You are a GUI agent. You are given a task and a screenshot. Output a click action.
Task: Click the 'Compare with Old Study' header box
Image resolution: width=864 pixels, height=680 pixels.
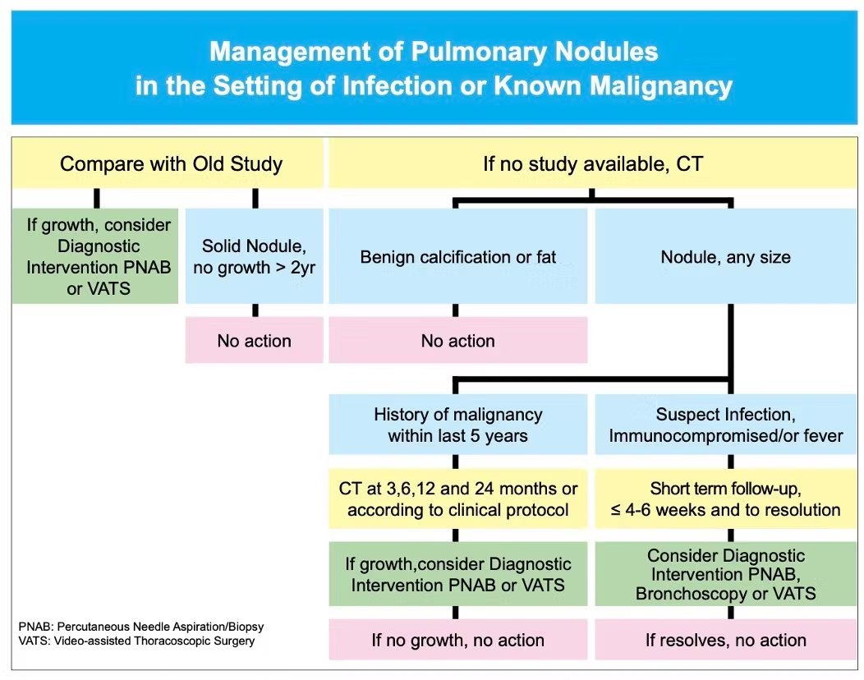[168, 163]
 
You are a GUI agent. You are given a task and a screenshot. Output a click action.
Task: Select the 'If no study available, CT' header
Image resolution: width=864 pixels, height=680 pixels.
[593, 163]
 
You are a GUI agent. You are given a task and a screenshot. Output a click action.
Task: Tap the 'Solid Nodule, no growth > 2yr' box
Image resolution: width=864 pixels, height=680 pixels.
[254, 256]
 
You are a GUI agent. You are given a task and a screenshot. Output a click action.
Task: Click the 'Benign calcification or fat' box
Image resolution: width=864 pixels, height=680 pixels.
[458, 256]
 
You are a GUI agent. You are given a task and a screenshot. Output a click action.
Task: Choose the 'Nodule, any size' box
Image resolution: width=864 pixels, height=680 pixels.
[726, 256]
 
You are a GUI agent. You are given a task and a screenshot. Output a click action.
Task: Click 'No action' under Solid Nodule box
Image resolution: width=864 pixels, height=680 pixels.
[254, 340]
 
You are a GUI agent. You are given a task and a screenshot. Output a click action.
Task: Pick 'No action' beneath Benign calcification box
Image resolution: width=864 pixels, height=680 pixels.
[458, 340]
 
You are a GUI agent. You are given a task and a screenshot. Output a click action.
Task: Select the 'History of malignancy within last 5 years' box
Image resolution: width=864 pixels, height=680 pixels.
[458, 425]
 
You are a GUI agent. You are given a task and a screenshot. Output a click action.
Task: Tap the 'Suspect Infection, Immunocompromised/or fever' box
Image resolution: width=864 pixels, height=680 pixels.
[726, 425]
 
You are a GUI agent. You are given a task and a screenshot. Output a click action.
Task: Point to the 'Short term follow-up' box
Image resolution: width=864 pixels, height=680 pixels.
[726, 499]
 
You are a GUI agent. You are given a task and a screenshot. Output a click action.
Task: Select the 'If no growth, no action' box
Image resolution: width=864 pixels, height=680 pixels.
[458, 640]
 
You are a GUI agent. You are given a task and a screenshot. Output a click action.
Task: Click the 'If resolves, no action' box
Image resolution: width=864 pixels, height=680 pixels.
[726, 640]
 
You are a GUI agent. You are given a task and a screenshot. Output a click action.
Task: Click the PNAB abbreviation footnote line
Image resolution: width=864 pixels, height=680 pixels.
[141, 627]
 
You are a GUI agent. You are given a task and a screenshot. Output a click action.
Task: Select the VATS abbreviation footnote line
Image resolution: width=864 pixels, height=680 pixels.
[136, 641]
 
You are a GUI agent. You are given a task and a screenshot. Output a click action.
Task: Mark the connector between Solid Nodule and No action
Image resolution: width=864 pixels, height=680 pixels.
[255, 310]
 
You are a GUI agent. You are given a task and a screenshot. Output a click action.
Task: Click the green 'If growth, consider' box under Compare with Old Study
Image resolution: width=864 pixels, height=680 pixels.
[95, 256]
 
